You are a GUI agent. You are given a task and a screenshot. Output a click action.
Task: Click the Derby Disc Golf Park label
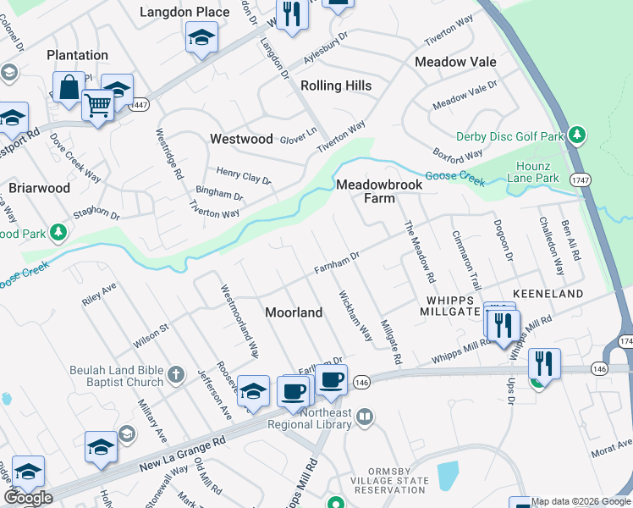[509, 136]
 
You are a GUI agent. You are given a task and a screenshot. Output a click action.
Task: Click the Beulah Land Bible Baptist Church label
[111, 375]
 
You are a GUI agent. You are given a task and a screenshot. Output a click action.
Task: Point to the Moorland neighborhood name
[294, 312]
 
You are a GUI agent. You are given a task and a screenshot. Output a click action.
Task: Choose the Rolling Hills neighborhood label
[336, 86]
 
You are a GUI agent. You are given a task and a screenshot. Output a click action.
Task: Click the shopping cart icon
[98, 106]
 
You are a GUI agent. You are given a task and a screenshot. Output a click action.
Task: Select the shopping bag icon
[68, 86]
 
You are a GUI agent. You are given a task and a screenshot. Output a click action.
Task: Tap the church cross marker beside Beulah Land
[176, 373]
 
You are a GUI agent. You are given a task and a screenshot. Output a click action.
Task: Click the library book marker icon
[365, 416]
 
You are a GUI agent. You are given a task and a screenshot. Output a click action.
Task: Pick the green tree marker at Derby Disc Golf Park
[577, 135]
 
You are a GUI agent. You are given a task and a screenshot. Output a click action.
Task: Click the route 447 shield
[140, 104]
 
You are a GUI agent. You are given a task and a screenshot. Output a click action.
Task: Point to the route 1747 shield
[579, 180]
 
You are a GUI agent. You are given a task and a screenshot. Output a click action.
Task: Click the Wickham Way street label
[355, 317]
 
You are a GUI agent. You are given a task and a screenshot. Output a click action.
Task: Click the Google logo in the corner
[28, 498]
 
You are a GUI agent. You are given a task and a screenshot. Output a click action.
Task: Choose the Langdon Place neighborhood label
[184, 12]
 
